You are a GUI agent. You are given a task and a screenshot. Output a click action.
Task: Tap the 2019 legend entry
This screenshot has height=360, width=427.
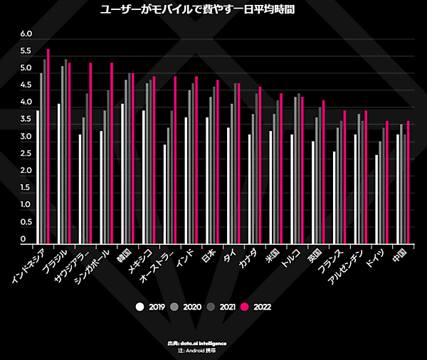pos(151,307)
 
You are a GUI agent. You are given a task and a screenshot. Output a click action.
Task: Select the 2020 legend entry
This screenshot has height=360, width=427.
pos(186,307)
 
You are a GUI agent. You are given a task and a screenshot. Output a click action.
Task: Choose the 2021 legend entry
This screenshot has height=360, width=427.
pos(220,307)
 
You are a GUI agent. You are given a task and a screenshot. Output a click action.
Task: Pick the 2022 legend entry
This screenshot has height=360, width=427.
pos(255,307)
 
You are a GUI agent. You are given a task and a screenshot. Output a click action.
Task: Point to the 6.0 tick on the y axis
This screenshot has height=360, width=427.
pos(27,34)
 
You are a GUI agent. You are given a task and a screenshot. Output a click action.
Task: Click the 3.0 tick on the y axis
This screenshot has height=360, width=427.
pos(27,137)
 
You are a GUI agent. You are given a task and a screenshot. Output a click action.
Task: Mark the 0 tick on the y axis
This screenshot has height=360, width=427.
pos(23,239)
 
